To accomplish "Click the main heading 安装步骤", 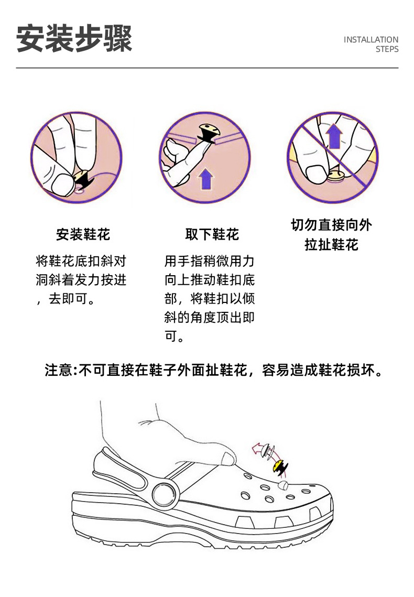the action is click(x=74, y=39).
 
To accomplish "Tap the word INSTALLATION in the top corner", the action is click(x=371, y=40).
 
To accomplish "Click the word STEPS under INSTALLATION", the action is click(x=387, y=49).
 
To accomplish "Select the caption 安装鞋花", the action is click(x=83, y=234).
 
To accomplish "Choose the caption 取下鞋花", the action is click(x=212, y=234).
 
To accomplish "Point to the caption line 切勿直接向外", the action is click(x=331, y=225).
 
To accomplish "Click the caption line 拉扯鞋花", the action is click(x=331, y=244).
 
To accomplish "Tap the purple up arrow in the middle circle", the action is click(x=206, y=179).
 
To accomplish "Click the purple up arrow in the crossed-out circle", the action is click(x=334, y=136).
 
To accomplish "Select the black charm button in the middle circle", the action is click(x=208, y=133).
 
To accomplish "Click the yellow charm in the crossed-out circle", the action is click(x=335, y=176).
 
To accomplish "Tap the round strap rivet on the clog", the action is click(x=165, y=493).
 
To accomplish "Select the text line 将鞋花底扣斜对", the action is click(x=81, y=261).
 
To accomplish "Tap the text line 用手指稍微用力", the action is click(x=209, y=261).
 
